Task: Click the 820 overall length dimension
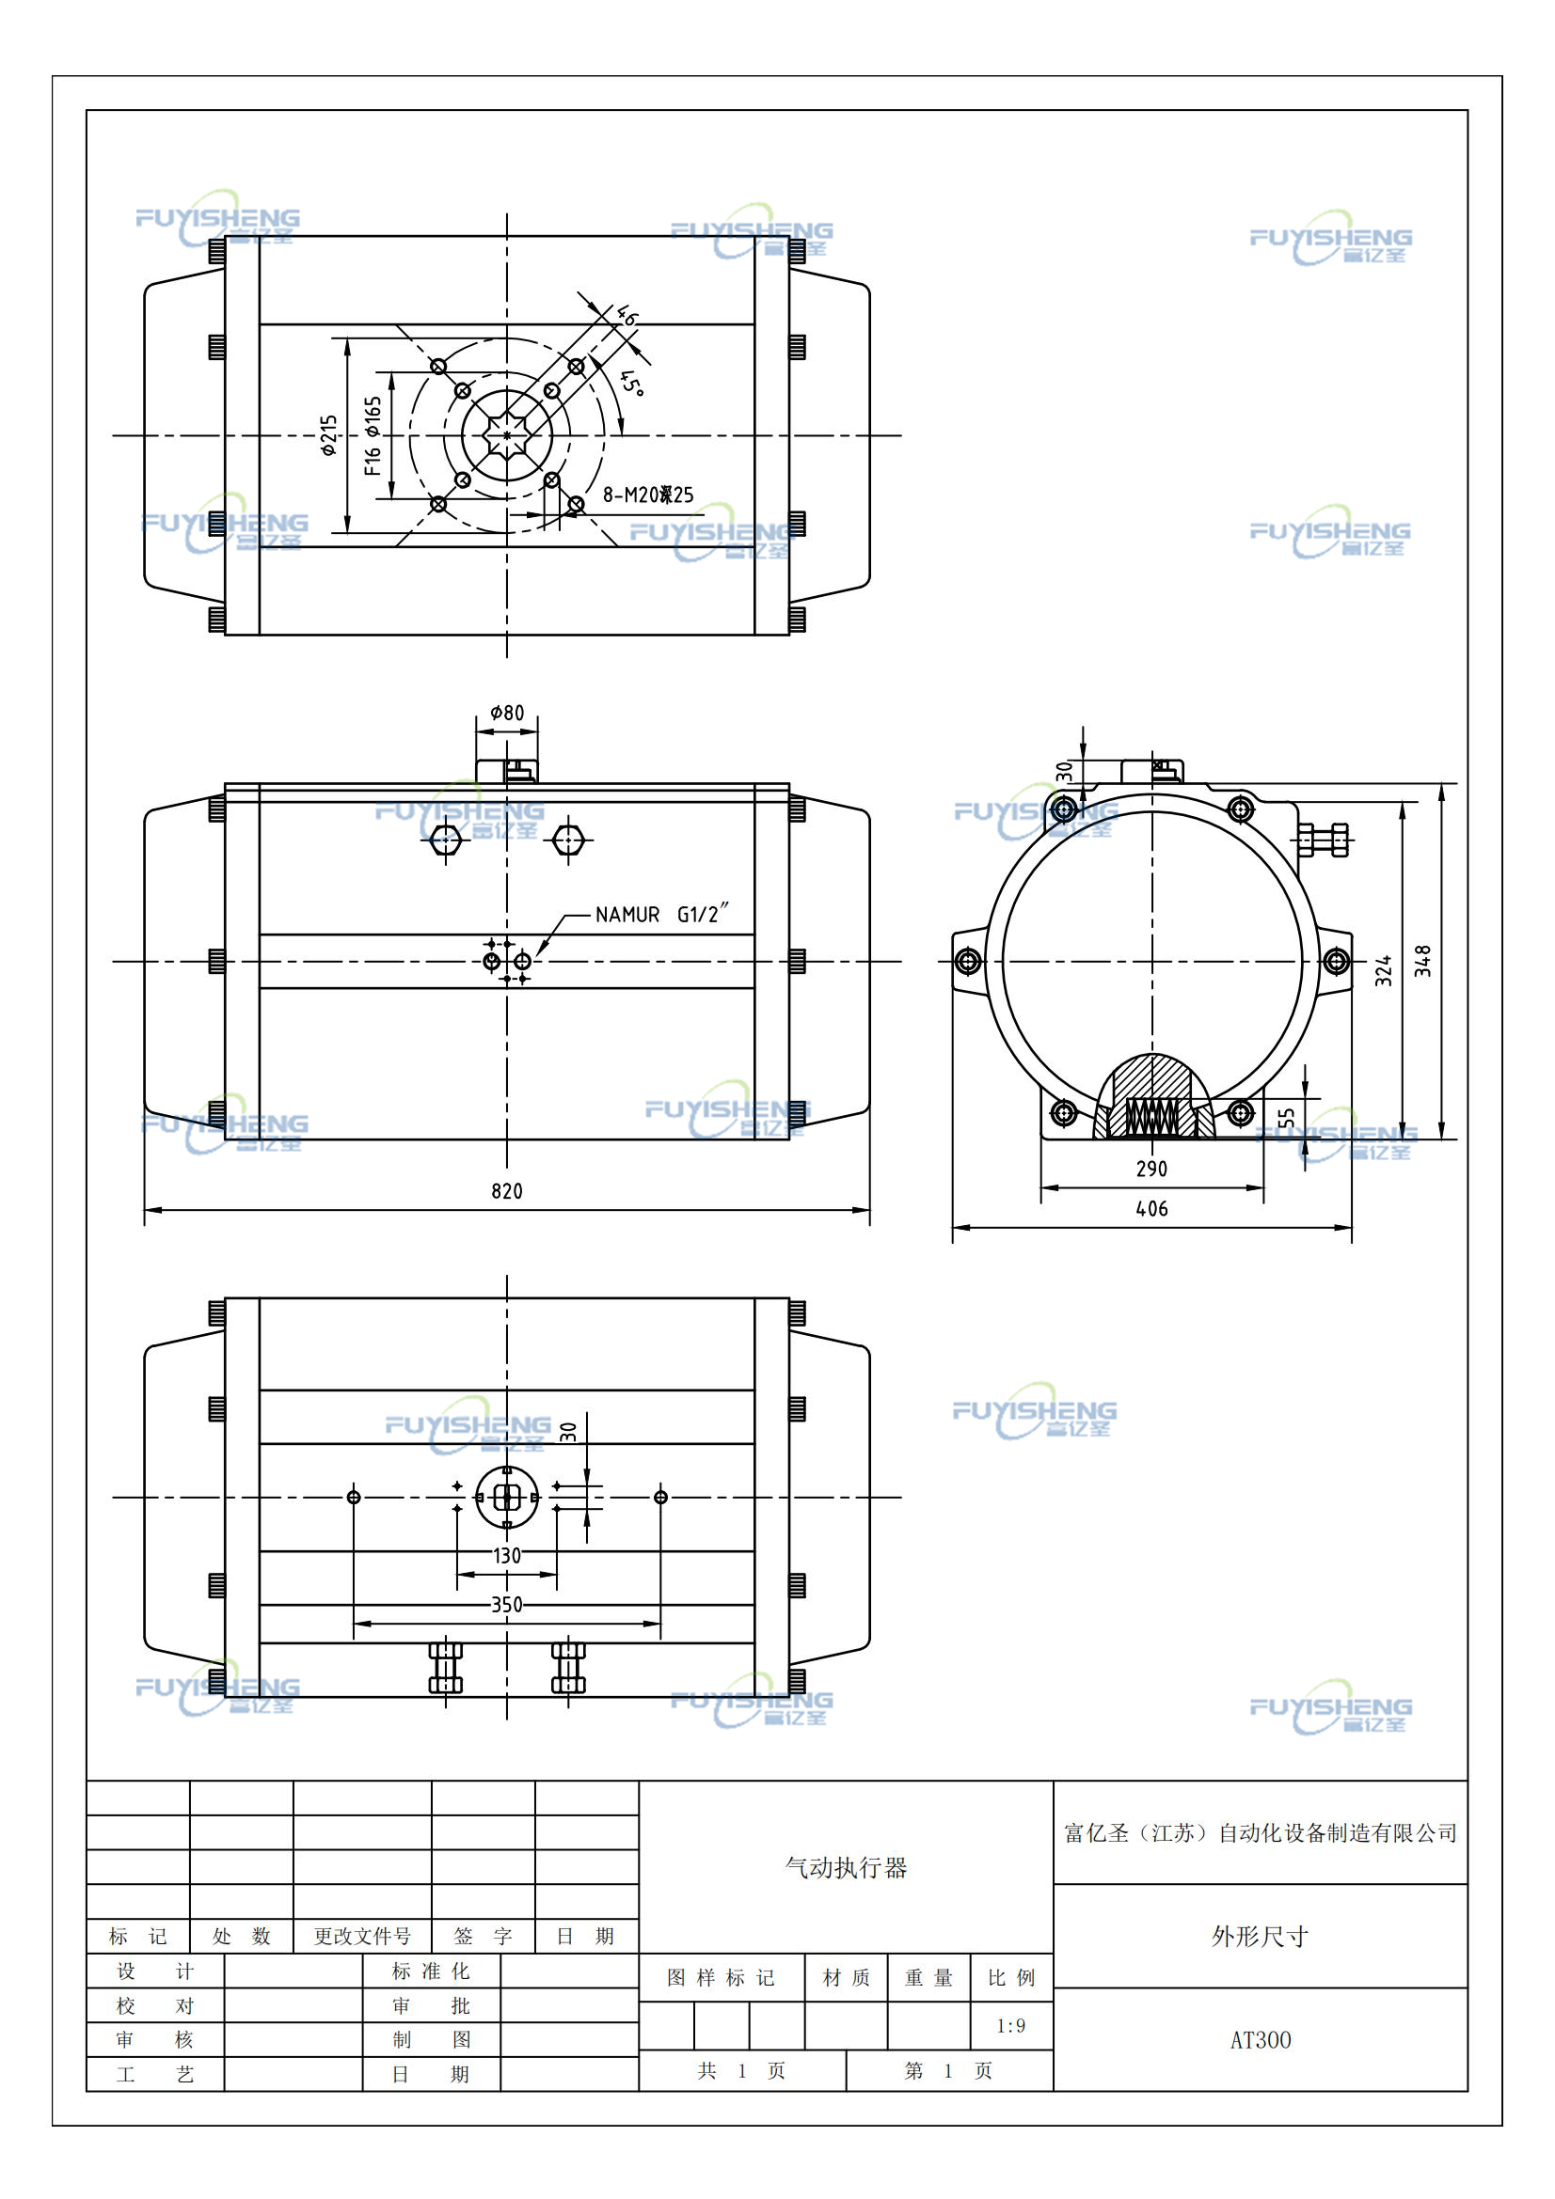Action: point(507,1190)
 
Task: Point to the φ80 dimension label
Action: point(507,713)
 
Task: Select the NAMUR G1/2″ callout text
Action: point(662,914)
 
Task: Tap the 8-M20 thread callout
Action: point(647,495)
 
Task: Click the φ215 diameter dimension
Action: point(328,435)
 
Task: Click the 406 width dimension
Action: point(1151,1209)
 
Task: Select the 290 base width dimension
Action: point(1151,1169)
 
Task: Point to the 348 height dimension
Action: point(1422,961)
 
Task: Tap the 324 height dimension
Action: point(1384,970)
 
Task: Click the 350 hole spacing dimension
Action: point(507,1604)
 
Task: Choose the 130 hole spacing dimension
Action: point(507,1555)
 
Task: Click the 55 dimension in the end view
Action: point(1287,1118)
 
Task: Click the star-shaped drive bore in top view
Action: point(507,435)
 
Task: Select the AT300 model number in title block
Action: point(1260,2040)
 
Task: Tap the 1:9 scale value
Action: point(1011,2026)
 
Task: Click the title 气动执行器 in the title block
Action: point(846,1868)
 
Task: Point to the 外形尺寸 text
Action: point(1260,1937)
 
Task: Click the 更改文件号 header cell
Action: point(362,1937)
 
